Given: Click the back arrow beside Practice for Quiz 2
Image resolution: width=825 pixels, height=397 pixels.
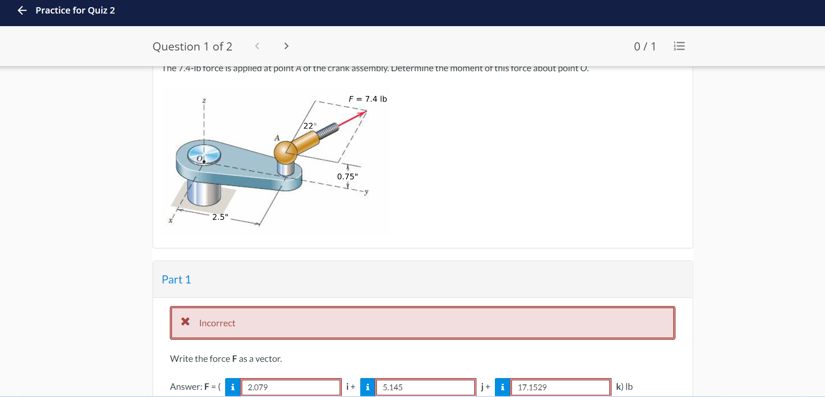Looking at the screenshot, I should click(x=22, y=10).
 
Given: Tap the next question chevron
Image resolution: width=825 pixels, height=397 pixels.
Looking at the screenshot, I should click(x=286, y=46).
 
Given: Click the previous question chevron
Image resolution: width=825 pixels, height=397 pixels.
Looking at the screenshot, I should click(x=257, y=46).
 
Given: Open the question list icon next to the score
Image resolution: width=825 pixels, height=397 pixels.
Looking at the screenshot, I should click(x=679, y=46).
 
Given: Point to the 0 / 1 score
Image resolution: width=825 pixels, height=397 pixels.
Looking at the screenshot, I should click(x=644, y=46).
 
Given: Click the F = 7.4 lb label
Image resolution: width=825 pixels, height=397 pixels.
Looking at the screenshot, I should click(x=367, y=99).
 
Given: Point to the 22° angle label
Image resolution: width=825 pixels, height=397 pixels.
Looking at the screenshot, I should click(x=309, y=126).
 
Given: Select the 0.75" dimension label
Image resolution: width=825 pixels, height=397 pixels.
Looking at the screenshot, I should click(x=347, y=177).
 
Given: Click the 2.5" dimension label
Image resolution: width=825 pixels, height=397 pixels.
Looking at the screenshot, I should click(x=220, y=217).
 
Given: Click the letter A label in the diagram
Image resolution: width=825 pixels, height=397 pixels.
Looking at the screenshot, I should click(x=277, y=138).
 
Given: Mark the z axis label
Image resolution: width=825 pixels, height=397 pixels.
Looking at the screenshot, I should click(x=204, y=100).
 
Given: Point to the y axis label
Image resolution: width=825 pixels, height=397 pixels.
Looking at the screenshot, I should click(x=367, y=192).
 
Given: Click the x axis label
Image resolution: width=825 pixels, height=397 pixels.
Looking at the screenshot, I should click(x=170, y=220).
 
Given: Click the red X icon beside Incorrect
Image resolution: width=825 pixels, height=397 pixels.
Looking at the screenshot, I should click(x=185, y=322).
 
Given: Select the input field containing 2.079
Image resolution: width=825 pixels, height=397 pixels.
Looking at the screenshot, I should click(x=290, y=387).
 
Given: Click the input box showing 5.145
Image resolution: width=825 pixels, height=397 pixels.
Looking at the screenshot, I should click(x=426, y=387).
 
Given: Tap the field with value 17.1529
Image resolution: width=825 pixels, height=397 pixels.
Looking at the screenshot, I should click(x=561, y=387).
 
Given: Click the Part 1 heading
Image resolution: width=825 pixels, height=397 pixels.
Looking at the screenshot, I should click(x=176, y=279).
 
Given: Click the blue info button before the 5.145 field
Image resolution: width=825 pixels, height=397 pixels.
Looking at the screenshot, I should click(x=367, y=387).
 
